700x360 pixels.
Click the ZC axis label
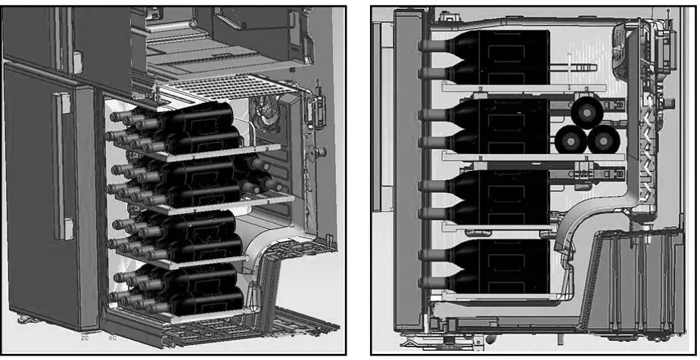85,337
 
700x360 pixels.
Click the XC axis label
113,337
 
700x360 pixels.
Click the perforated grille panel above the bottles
227,91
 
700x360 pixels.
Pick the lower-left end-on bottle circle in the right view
571,141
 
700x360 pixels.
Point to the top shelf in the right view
522,88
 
